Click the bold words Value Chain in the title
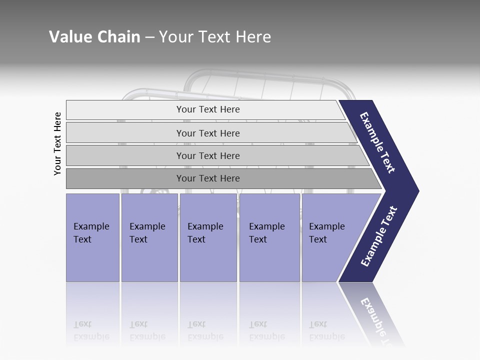click(94, 37)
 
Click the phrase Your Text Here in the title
click(215, 37)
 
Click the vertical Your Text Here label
click(57, 143)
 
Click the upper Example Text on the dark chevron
click(377, 142)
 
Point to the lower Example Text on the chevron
click(379, 236)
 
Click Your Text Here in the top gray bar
click(208, 109)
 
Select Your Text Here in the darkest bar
click(208, 178)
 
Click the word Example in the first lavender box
click(91, 226)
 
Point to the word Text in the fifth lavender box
click(318, 239)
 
